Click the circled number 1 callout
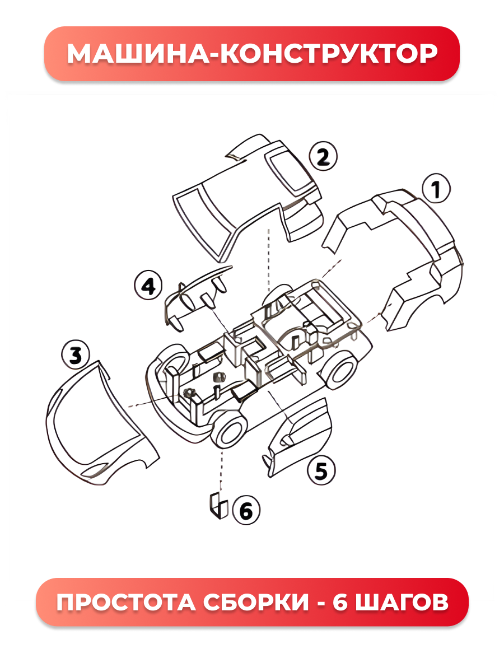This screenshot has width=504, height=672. (436, 189)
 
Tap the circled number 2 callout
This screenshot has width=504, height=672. (323, 156)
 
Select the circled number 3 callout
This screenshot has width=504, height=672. (76, 356)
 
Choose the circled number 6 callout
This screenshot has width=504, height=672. (246, 510)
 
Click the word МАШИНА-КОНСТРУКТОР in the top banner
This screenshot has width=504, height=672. (252, 54)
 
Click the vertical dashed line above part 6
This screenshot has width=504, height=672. (221, 470)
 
